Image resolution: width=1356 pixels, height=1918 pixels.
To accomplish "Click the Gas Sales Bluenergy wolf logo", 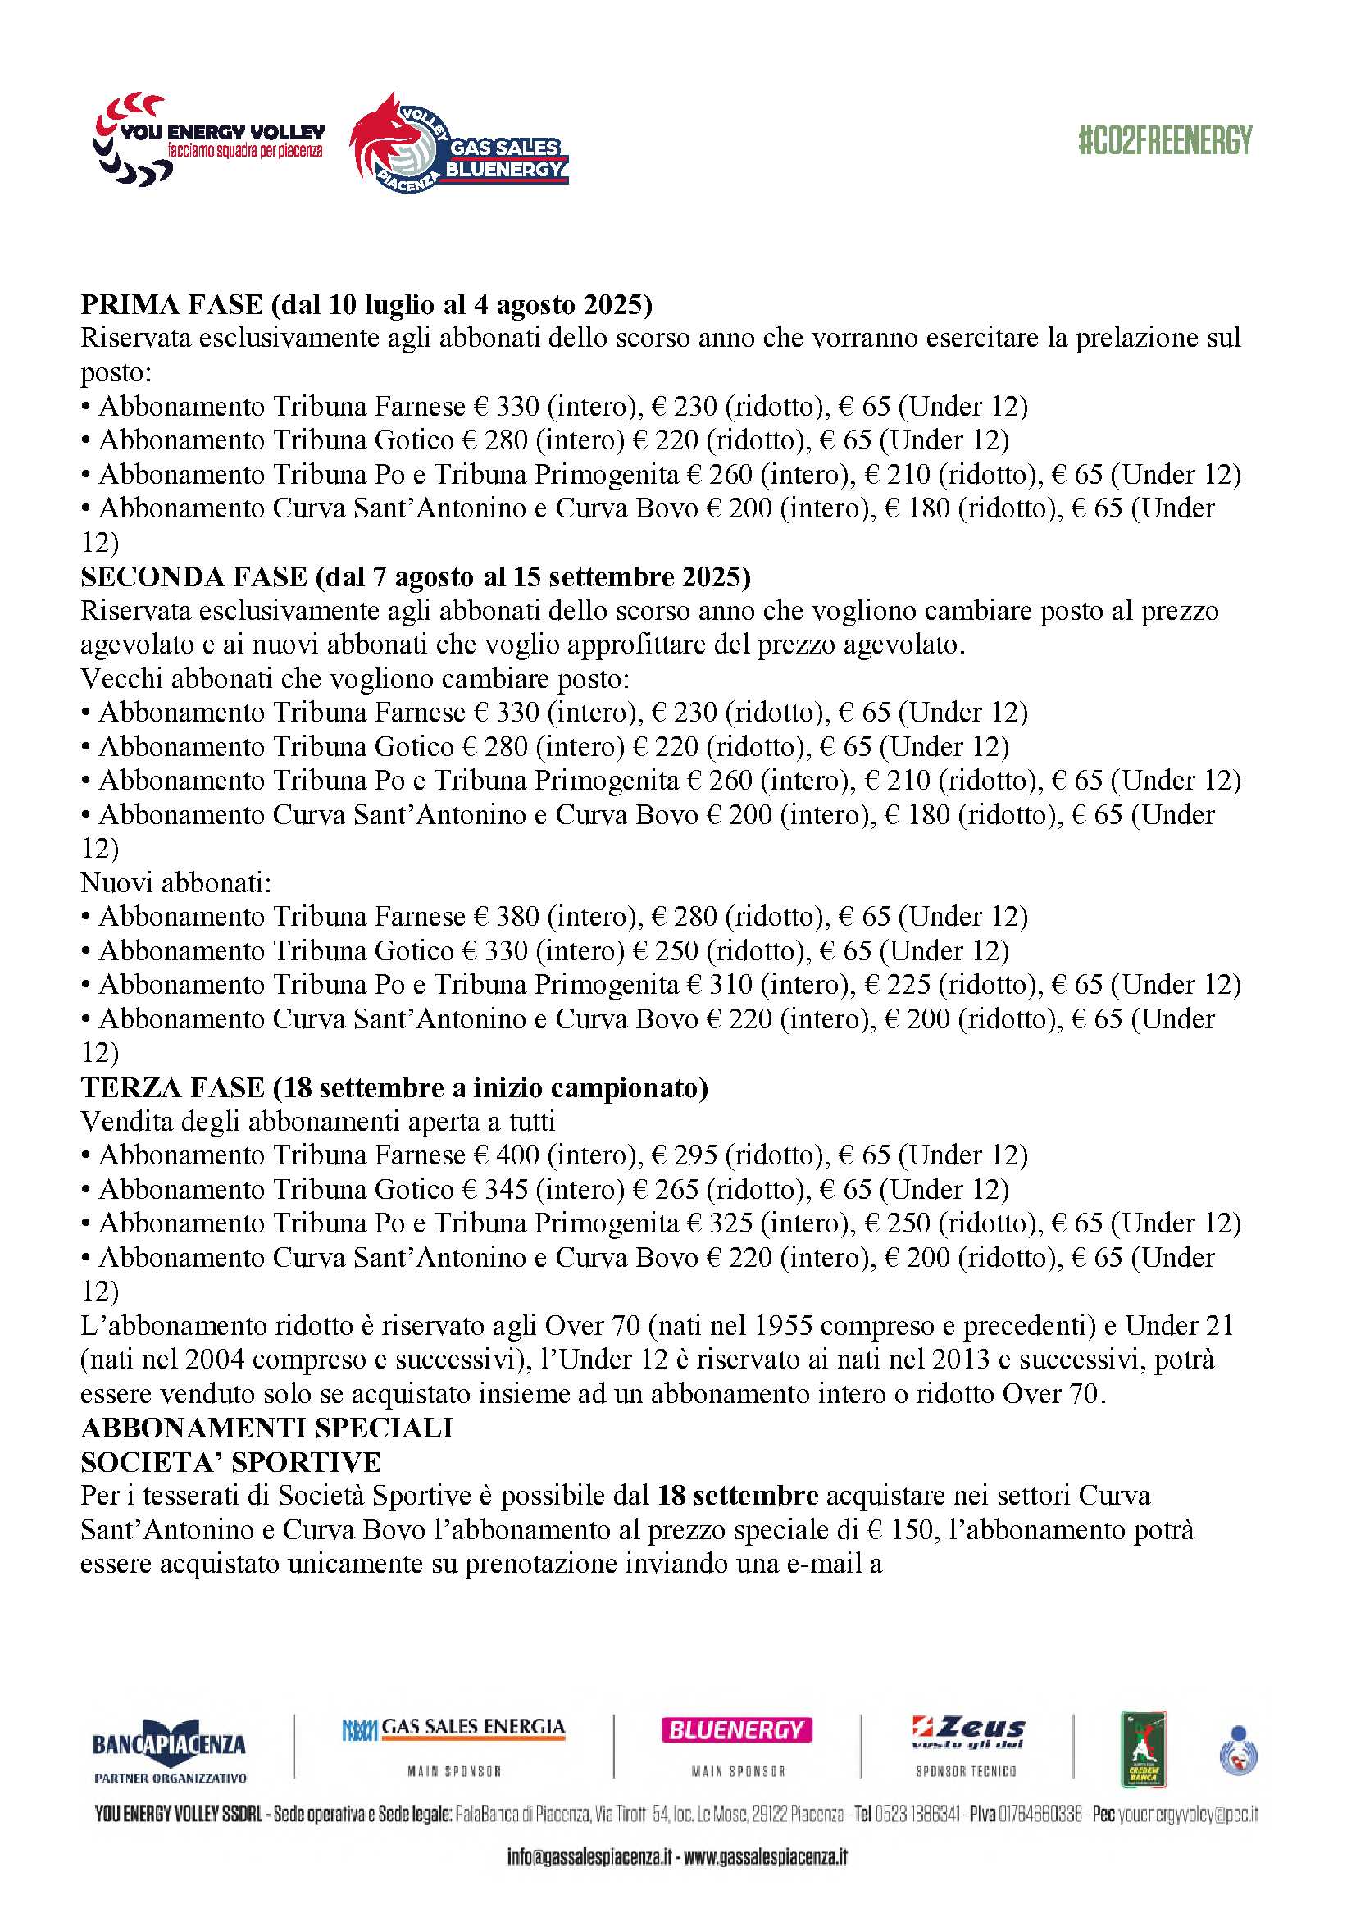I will tap(458, 144).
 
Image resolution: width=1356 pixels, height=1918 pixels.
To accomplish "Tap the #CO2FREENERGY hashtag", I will tap(1164, 140).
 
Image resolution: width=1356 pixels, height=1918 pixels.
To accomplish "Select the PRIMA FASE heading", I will tap(366, 305).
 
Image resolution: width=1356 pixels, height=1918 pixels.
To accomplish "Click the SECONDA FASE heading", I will tap(415, 577).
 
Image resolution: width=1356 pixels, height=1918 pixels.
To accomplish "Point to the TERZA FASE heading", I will tap(394, 1087).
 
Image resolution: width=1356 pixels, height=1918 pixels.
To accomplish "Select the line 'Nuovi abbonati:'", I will tap(175, 883).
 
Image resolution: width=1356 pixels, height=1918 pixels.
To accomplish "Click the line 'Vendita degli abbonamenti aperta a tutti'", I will tap(317, 1121).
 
